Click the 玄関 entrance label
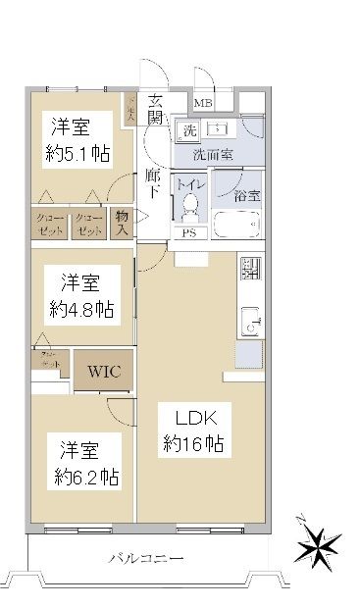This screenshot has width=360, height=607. pyautogui.click(x=157, y=109)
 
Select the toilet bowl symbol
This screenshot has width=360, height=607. pyautogui.click(x=190, y=207)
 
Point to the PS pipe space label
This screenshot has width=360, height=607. pyautogui.click(x=189, y=233)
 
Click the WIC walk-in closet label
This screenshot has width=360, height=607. pyautogui.click(x=104, y=372)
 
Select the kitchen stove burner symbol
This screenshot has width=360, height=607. pyautogui.click(x=250, y=267)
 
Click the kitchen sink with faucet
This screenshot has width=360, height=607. pyautogui.click(x=248, y=321)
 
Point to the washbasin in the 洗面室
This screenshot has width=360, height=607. pyautogui.click(x=218, y=130)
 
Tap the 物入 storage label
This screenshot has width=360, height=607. pyautogui.click(x=123, y=224)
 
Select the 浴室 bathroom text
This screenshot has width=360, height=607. pyautogui.click(x=246, y=194)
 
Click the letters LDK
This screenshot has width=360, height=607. pyautogui.click(x=195, y=414)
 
